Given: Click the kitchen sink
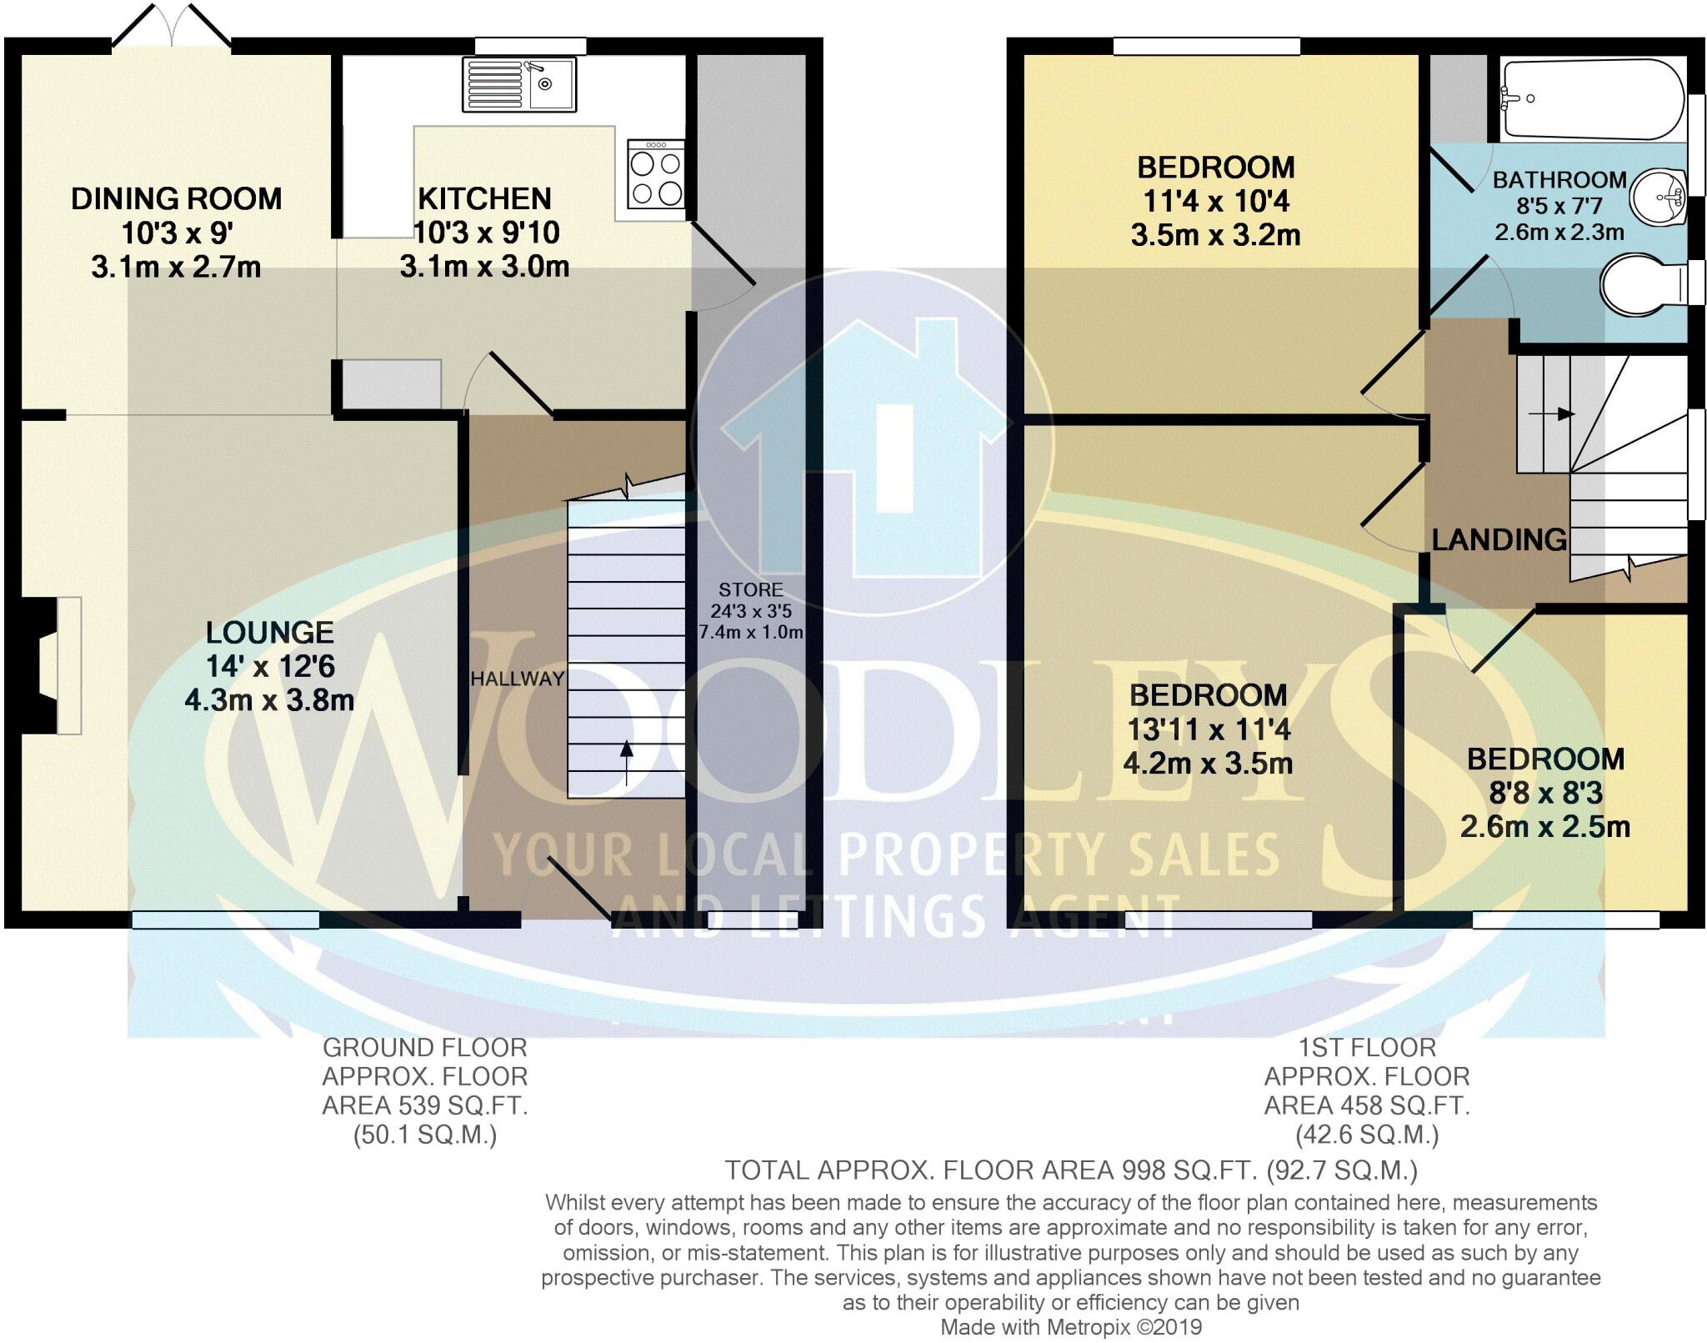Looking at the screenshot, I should [x=519, y=84].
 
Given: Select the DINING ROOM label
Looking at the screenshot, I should [x=176, y=198].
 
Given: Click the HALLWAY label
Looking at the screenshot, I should [x=517, y=679].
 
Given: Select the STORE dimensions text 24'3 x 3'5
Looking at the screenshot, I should [x=751, y=611].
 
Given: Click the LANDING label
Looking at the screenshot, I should [x=1499, y=540].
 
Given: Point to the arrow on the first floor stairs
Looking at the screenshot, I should [x=1550, y=413].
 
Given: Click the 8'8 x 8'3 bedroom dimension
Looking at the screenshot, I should [x=1545, y=793].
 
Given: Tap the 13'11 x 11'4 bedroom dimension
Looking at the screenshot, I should [x=1208, y=729].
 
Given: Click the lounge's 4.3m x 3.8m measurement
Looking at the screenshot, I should [x=269, y=700].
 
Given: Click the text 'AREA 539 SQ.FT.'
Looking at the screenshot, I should [x=425, y=1105].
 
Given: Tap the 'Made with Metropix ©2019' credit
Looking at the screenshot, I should [x=1071, y=1327].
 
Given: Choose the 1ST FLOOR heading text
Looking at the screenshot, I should [x=1367, y=1047].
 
